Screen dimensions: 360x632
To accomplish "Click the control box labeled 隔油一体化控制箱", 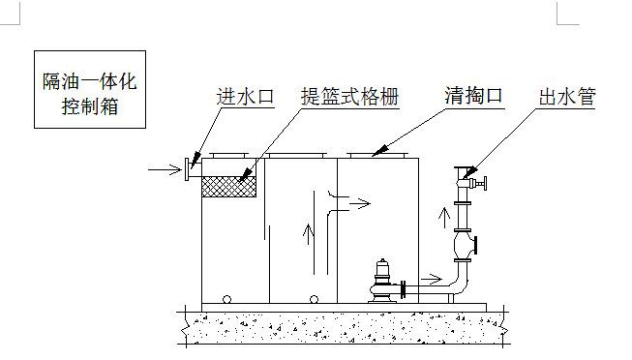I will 88,90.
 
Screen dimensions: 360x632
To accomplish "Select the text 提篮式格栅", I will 349,97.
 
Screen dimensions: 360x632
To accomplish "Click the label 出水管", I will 566,97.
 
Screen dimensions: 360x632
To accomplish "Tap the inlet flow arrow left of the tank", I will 162,172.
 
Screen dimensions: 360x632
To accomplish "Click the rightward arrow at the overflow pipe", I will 357,204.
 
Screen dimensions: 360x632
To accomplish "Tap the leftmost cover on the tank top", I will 230,153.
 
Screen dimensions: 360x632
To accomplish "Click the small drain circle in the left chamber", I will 227,298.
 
